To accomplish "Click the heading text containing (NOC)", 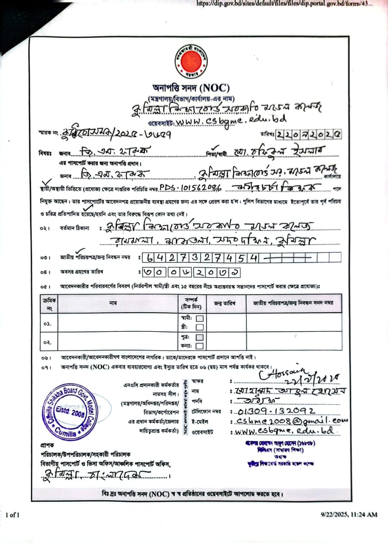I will (191, 88).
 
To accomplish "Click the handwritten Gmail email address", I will (288, 420).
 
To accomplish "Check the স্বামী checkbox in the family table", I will (199, 318).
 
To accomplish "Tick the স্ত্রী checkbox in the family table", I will (199, 327).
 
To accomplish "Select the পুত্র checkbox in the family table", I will (199, 337).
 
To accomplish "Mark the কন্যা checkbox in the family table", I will (199, 346).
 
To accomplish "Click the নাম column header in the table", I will (113, 303).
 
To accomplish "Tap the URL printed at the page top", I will (285, 4).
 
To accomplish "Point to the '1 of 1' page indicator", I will (13, 515).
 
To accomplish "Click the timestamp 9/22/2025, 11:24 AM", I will (348, 515).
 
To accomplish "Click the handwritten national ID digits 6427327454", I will (201, 258).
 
